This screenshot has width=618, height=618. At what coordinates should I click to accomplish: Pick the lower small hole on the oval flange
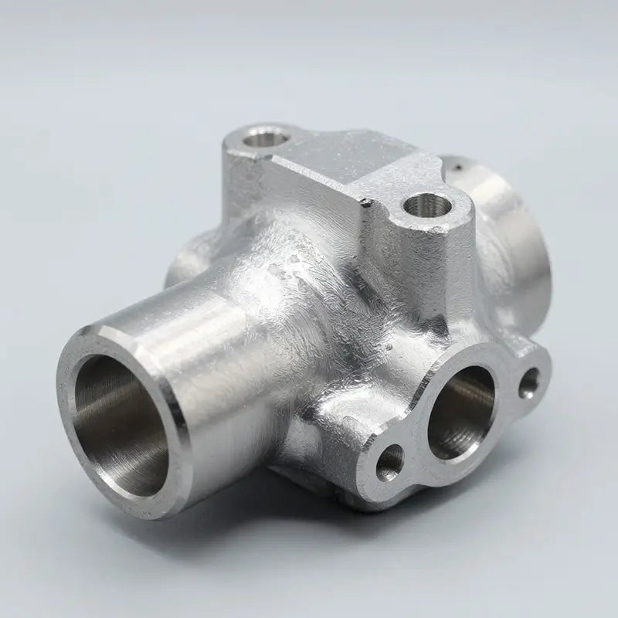point(389,462)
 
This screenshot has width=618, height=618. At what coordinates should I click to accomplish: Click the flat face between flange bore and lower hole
point(417,456)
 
